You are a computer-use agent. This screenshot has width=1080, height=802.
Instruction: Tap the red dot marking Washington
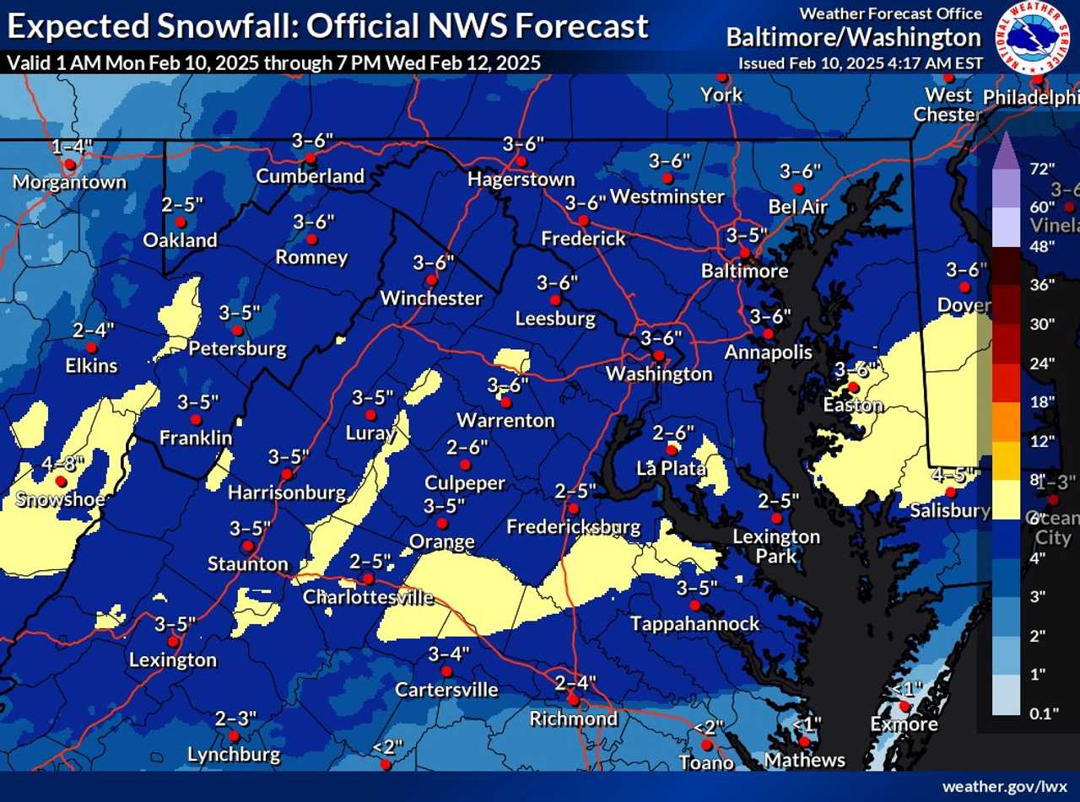[x=658, y=355]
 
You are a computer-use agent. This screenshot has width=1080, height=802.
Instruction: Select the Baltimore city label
[x=745, y=271]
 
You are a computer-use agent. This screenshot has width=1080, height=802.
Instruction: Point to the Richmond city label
[x=574, y=719]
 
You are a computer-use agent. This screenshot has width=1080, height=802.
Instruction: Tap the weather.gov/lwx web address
[x=1005, y=786]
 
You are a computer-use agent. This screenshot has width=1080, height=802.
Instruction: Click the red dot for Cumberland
[x=310, y=158]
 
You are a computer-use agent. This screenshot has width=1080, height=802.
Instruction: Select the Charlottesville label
[x=368, y=597]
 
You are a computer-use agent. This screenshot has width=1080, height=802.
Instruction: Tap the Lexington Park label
[x=776, y=546]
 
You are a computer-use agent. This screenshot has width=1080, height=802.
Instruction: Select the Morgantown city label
[x=69, y=182]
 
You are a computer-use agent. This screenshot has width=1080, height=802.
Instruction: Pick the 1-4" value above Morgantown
[x=72, y=147]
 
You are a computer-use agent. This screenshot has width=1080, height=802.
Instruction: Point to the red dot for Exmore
[x=904, y=706]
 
